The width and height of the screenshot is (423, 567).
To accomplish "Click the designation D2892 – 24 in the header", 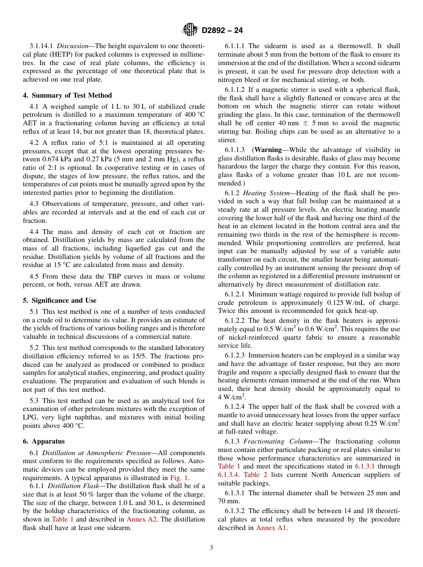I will pyautogui.click(x=222, y=31).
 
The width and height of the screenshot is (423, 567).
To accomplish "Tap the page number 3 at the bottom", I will pyautogui.click(x=211, y=548).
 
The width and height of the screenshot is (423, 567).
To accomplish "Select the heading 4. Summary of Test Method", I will pyautogui.click(x=67, y=95).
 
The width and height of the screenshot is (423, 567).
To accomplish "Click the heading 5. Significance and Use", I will pyautogui.click(x=60, y=300).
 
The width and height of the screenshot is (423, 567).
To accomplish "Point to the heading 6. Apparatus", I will pyautogui.click(x=44, y=441).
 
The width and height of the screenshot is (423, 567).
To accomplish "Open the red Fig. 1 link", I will pyautogui.click(x=180, y=477).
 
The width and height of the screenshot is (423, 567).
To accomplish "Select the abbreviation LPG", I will pyautogui.click(x=30, y=417).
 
